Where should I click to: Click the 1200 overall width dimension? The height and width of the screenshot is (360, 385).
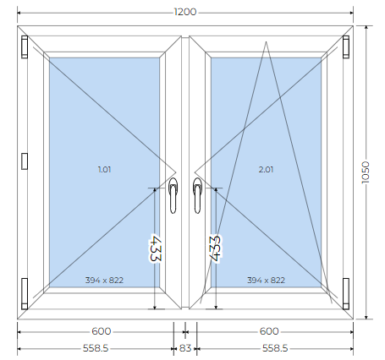tap(185, 12)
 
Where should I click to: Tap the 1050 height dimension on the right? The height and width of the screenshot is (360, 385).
tap(366, 172)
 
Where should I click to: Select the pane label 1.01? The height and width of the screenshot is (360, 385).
tap(104, 170)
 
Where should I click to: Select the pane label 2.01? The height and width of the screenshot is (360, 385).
tap(266, 170)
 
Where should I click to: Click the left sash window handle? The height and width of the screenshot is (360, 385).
tap(173, 195)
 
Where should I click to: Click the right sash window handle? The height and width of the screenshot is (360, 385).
tap(197, 195)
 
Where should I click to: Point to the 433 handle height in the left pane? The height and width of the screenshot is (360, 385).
tap(155, 248)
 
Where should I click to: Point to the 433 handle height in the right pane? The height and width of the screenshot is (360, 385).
tap(215, 248)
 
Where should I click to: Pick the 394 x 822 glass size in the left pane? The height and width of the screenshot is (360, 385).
tap(104, 281)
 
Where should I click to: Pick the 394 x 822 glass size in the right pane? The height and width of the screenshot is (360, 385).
tap(266, 281)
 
